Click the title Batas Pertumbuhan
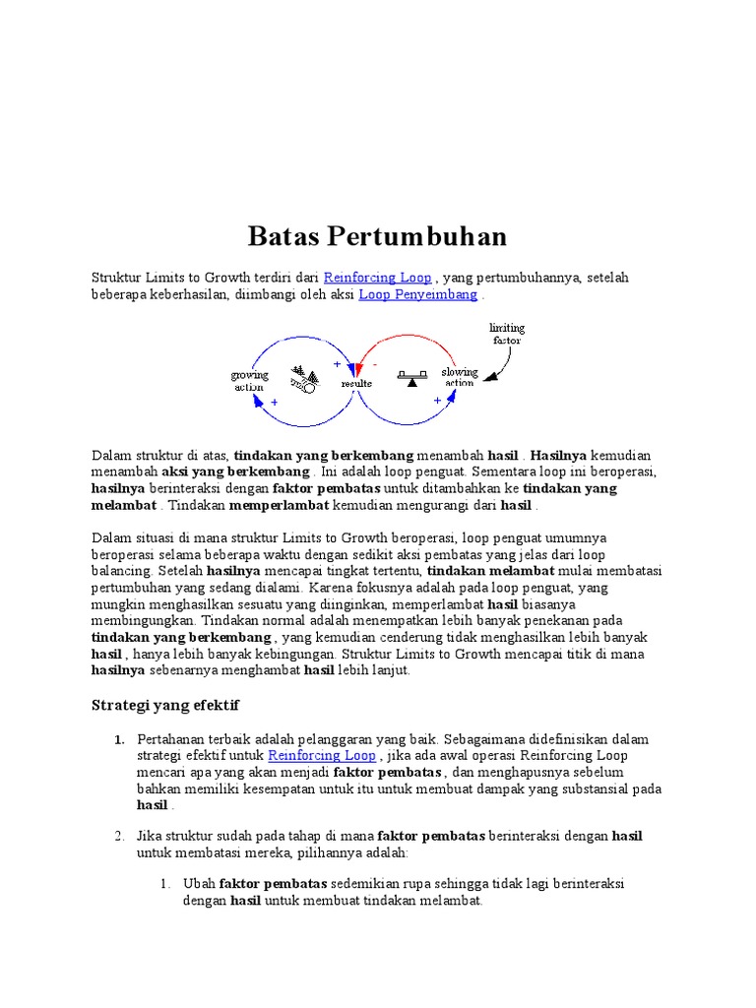[x=377, y=236]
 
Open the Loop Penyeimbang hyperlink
[x=418, y=294]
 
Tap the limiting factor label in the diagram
[x=507, y=333]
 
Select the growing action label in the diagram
[x=249, y=381]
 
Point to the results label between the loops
[x=355, y=383]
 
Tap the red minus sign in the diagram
[x=375, y=365]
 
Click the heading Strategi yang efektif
[x=165, y=706]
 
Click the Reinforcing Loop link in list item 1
[x=322, y=755]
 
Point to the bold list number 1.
[x=118, y=739]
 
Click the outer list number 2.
[x=118, y=836]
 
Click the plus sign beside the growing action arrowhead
[x=274, y=403]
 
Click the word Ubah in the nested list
[x=199, y=884]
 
